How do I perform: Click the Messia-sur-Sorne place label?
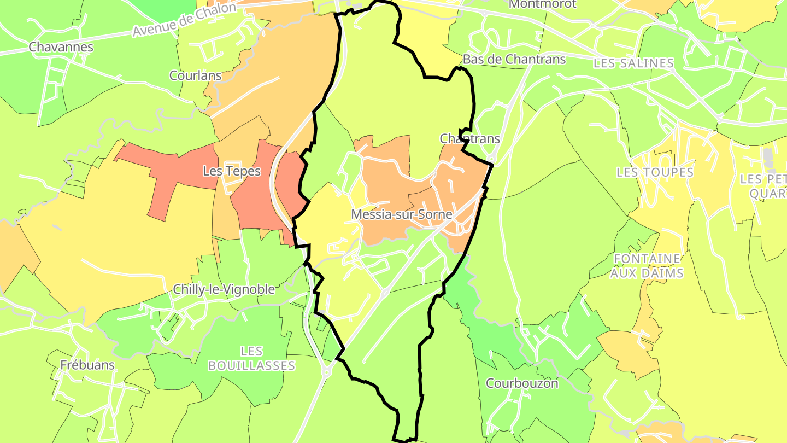click(402, 214)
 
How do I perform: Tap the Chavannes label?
click(61, 47)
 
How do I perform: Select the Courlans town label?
click(195, 75)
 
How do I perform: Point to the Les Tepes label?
click(232, 171)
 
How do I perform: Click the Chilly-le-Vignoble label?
click(224, 289)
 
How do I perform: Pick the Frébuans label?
click(87, 365)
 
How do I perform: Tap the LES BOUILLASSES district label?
click(251, 358)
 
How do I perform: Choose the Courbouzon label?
click(522, 383)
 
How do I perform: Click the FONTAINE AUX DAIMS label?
click(647, 265)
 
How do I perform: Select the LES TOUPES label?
click(655, 172)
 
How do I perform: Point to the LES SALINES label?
click(633, 63)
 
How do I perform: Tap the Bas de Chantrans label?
click(514, 59)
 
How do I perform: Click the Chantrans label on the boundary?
click(469, 139)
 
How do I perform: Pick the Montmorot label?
click(542, 4)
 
